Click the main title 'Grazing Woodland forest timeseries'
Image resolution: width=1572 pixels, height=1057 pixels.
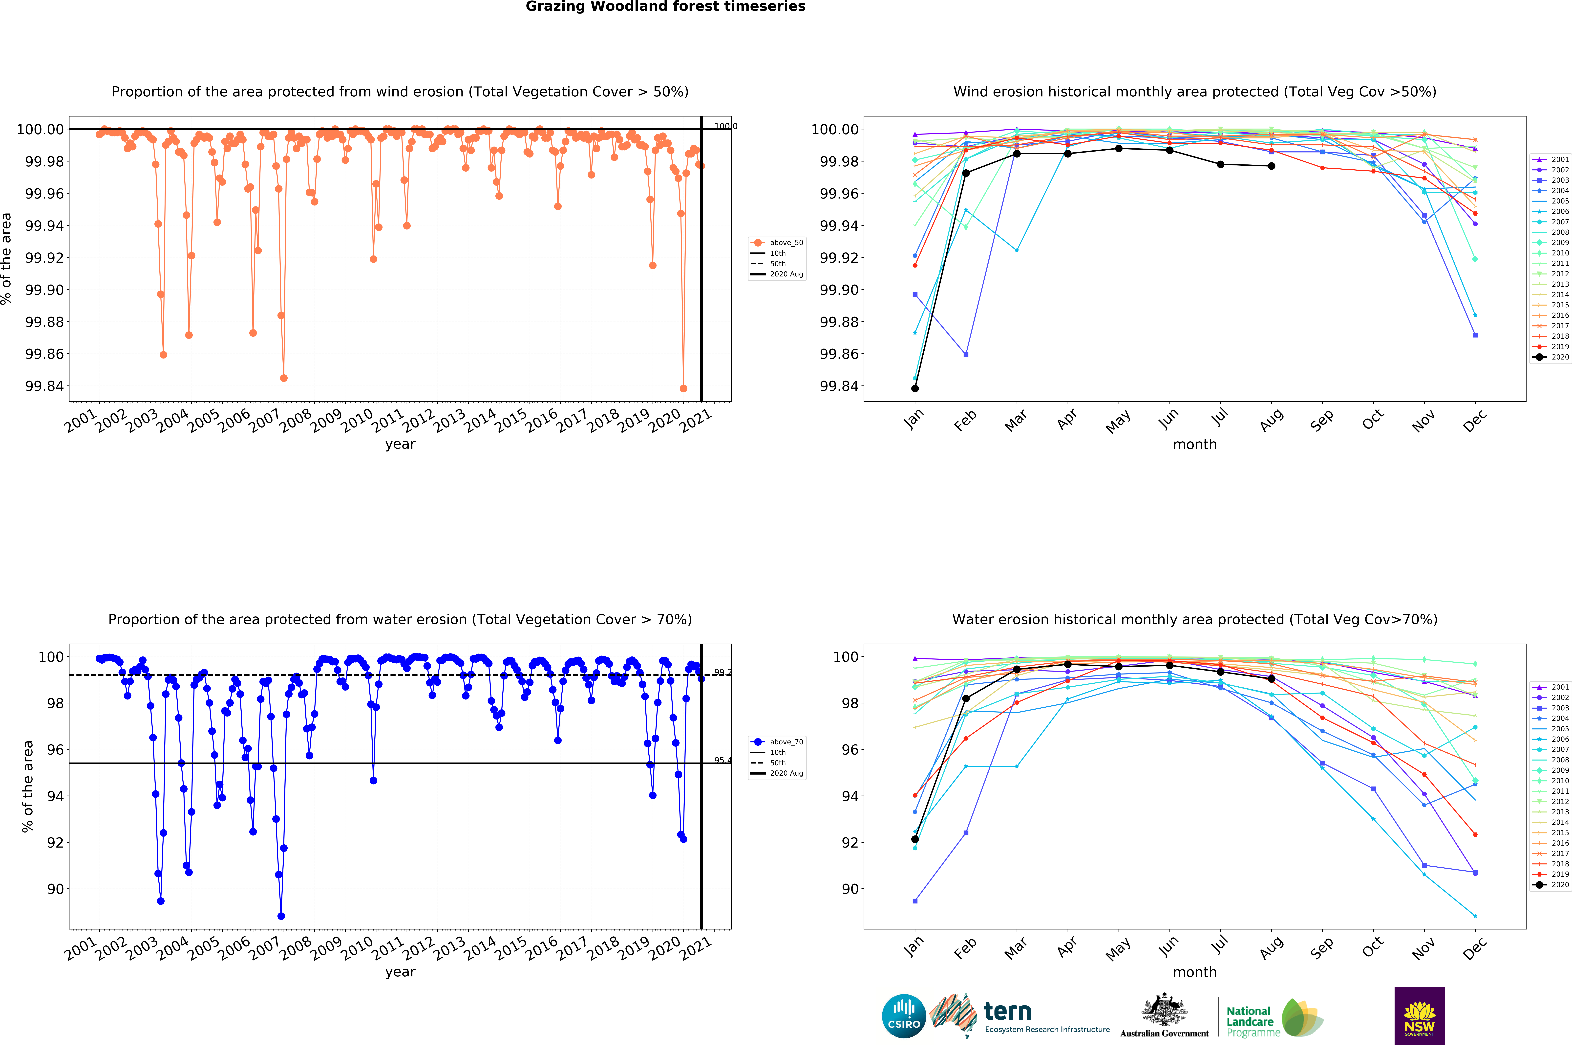pyautogui.click(x=665, y=7)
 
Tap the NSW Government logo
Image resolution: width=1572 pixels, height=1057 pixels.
pyautogui.click(x=1419, y=1016)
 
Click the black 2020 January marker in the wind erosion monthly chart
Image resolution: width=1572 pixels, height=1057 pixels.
pyautogui.click(x=914, y=388)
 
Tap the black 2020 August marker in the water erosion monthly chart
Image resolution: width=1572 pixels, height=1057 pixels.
pyautogui.click(x=1271, y=679)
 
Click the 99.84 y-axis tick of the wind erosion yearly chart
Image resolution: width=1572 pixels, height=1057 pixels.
pyautogui.click(x=44, y=386)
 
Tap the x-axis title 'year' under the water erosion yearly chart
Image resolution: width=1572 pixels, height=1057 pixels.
pyautogui.click(x=400, y=971)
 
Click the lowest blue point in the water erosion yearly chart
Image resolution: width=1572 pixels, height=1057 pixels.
pyautogui.click(x=281, y=916)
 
